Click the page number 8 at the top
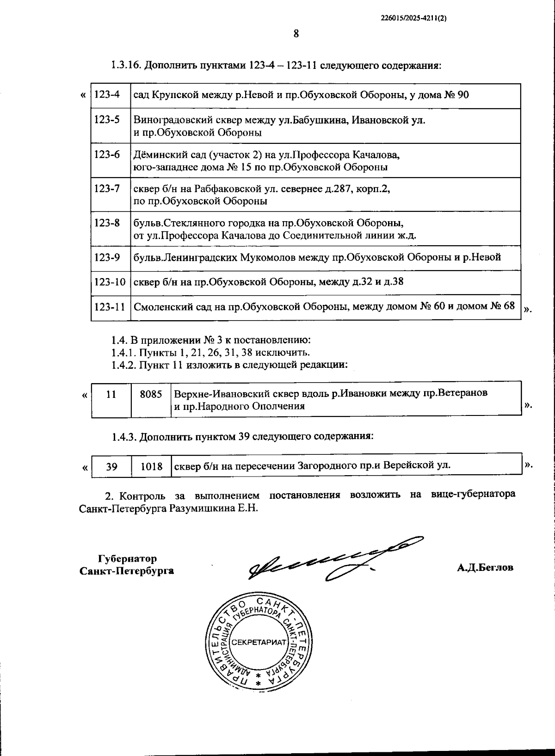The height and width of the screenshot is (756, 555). (296, 33)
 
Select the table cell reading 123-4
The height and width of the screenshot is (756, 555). (107, 95)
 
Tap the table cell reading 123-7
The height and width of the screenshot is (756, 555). (107, 189)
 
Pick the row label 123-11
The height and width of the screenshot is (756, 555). (110, 306)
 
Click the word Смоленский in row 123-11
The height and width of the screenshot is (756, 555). (160, 306)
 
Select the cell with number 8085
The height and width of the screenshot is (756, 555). (151, 394)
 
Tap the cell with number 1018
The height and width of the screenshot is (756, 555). (152, 466)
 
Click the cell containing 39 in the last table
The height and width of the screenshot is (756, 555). (111, 466)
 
